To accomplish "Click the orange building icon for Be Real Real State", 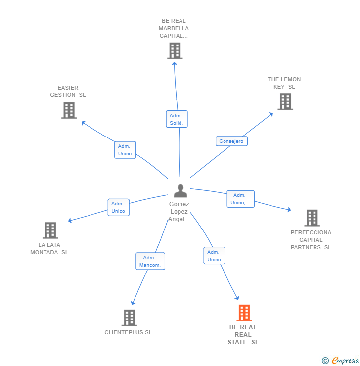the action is [x=244, y=313].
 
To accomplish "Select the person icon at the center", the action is [x=180, y=191].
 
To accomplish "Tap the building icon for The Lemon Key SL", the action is [x=285, y=101].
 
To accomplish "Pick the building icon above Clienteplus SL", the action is [x=129, y=318].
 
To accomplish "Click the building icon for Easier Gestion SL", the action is [x=69, y=110].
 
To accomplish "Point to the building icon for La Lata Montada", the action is [x=50, y=230].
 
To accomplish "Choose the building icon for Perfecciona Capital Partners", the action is [x=312, y=218].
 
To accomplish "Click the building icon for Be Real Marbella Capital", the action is [x=175, y=50].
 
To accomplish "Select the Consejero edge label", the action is [x=231, y=141].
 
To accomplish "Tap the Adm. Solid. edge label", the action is [x=177, y=119].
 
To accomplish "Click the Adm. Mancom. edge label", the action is [x=150, y=261].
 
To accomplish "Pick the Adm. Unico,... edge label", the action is [x=241, y=199].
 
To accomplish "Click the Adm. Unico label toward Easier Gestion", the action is [x=125, y=150].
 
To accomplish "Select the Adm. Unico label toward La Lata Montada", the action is [x=118, y=207].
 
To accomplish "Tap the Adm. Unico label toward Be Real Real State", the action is [x=214, y=256].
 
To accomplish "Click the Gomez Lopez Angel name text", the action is [x=179, y=212].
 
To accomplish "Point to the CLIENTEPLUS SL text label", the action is [x=128, y=332].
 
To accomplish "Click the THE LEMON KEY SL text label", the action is [x=284, y=83].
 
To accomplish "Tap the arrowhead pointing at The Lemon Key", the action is [x=271, y=114].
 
